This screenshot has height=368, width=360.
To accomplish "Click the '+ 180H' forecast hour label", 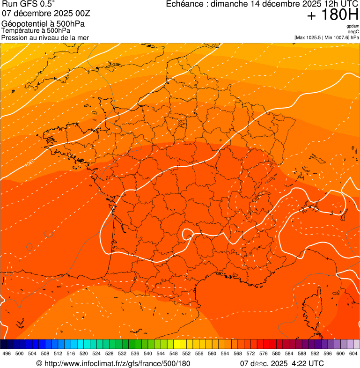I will point(332,15).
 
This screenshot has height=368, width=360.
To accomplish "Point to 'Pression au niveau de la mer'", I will point(45,37).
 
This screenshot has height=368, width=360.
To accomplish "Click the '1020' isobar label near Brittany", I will point(29,164).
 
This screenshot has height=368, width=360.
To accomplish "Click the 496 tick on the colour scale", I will point(7,353).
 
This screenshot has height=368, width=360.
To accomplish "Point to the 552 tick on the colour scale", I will point(186,353).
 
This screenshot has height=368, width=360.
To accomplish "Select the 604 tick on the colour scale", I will point(353,353).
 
